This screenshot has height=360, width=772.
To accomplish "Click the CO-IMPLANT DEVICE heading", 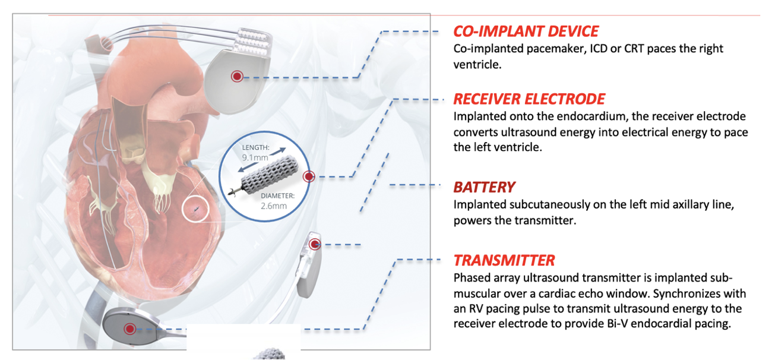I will coord(526,31).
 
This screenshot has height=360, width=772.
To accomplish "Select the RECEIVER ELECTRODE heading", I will coord(529,99).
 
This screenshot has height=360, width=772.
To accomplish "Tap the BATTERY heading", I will coord(484,187).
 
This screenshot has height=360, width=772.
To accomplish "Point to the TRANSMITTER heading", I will coord(504,260).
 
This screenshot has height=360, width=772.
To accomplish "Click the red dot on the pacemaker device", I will coord(237,75).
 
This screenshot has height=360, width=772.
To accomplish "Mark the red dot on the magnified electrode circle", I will coord(308,176).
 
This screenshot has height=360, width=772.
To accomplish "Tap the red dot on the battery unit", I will coord(315,244).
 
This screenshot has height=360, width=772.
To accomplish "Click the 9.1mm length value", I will coord(255,158).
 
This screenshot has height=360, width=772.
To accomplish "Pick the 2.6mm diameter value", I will coord(274,206).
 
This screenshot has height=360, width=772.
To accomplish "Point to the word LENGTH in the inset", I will coord(255,147).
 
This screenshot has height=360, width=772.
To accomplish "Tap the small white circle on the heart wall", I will coord(195,209).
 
